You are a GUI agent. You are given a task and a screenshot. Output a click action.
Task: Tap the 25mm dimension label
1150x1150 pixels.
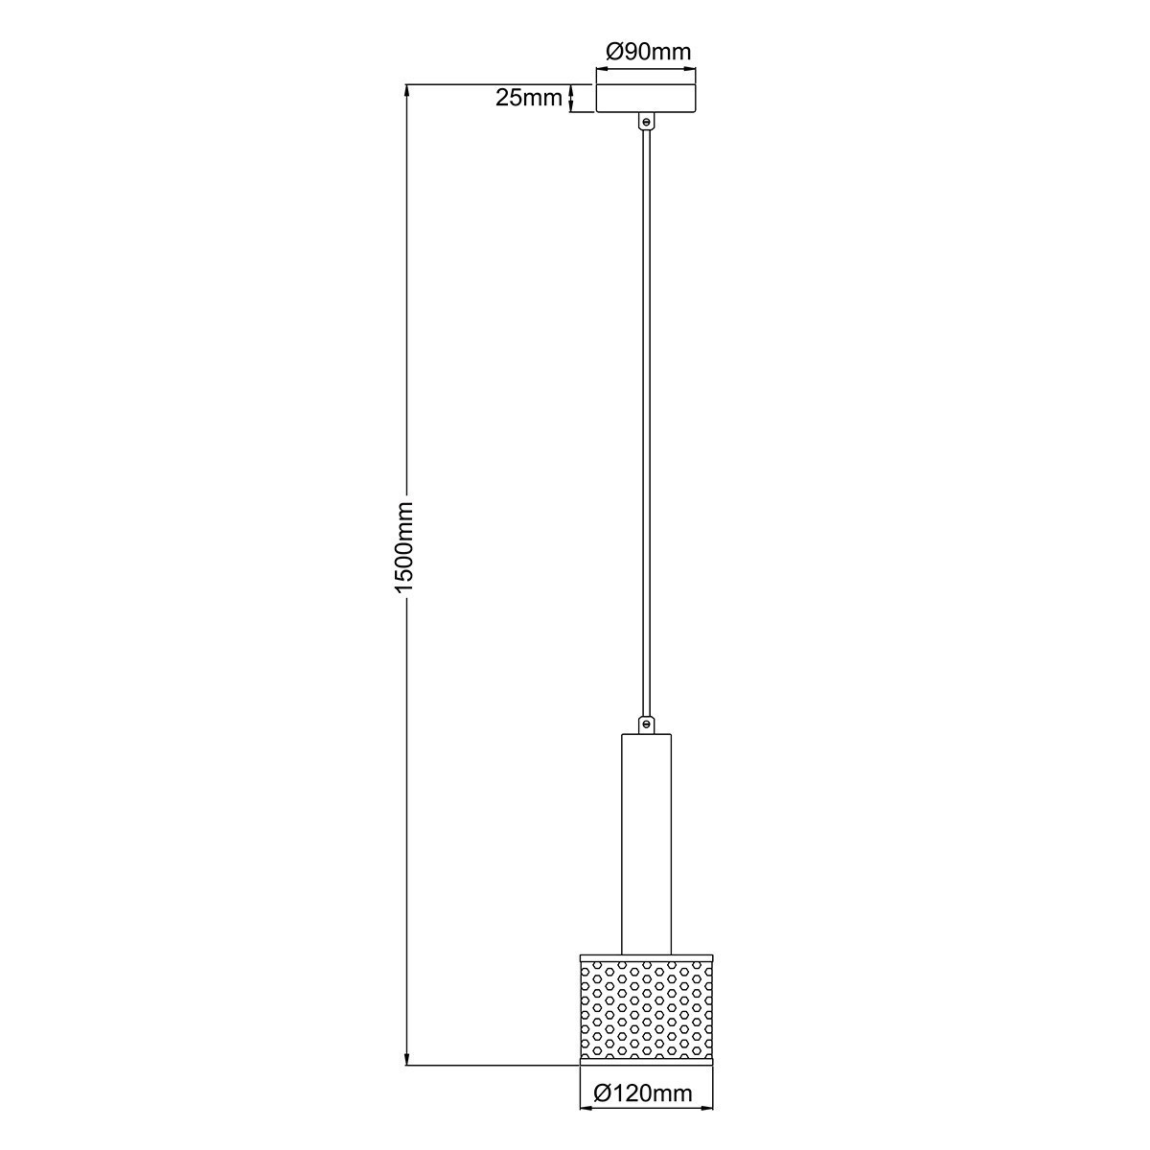tap(528, 98)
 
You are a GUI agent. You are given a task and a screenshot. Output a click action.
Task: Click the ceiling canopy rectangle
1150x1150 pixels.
tap(645, 99)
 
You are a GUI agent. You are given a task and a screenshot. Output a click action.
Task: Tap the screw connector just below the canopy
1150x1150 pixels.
tap(646, 123)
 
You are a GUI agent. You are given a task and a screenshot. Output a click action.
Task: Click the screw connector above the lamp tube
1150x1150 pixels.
tap(646, 724)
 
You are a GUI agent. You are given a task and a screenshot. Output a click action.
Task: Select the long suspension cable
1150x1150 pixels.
tap(646, 422)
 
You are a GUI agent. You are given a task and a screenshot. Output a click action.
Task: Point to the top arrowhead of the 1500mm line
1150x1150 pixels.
tap(407, 92)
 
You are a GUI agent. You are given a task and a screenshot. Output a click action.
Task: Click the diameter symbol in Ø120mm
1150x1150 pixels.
tap(603, 1093)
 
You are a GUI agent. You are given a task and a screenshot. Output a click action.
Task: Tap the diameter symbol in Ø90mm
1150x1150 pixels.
tap(616, 52)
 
